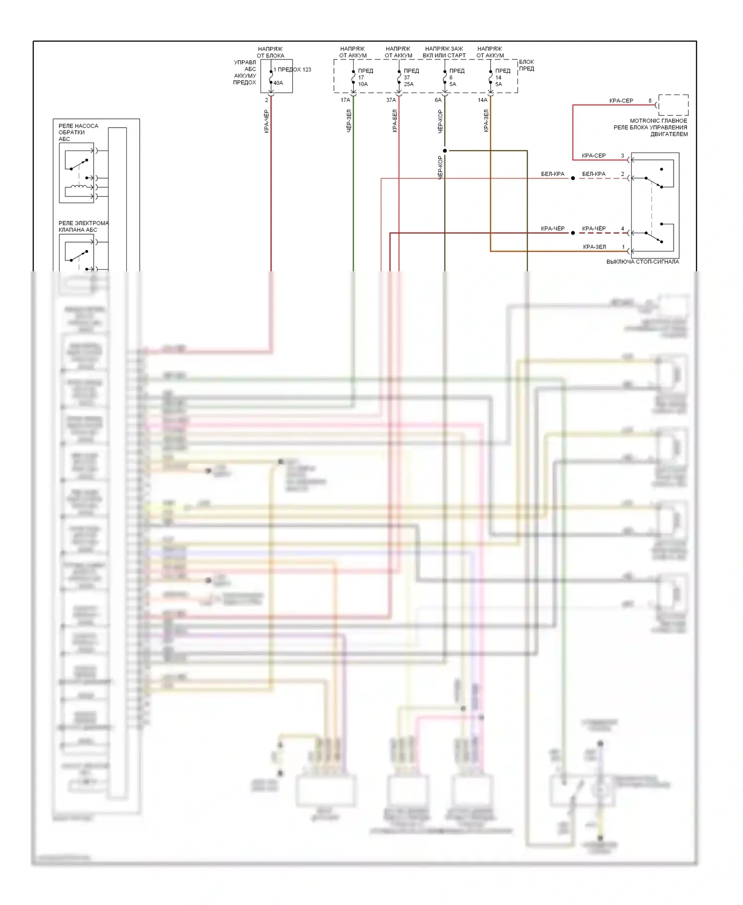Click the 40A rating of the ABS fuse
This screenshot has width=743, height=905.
coord(278,83)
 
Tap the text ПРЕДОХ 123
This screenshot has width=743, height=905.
coord(294,70)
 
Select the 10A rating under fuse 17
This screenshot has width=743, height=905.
coord(363,84)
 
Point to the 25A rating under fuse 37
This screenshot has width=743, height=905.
coord(409,84)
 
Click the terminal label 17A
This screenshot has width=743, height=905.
coord(345,100)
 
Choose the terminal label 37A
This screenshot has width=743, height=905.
coord(391,100)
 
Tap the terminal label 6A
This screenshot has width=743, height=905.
coord(438,100)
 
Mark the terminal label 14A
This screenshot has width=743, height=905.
coord(482,100)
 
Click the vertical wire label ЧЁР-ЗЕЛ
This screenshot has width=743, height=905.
coord(349,121)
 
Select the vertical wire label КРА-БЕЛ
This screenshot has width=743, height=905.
coord(395,121)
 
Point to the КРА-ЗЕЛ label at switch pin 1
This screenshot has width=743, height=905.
coord(594,247)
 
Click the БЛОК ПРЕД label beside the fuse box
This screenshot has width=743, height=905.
coord(527,65)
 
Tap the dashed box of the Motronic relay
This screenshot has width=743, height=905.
coord(673,105)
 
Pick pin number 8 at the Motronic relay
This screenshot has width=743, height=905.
coord(650,101)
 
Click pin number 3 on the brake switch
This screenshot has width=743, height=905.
coord(623,156)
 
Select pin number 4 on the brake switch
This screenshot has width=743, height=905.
coord(623,229)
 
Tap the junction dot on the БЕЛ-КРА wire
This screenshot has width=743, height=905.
coord(573,178)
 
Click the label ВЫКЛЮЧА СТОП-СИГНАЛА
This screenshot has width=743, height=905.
coord(642,262)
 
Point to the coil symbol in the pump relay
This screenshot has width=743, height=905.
coord(79,187)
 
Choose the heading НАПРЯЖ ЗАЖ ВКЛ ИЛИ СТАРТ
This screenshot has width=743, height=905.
coord(444,52)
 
